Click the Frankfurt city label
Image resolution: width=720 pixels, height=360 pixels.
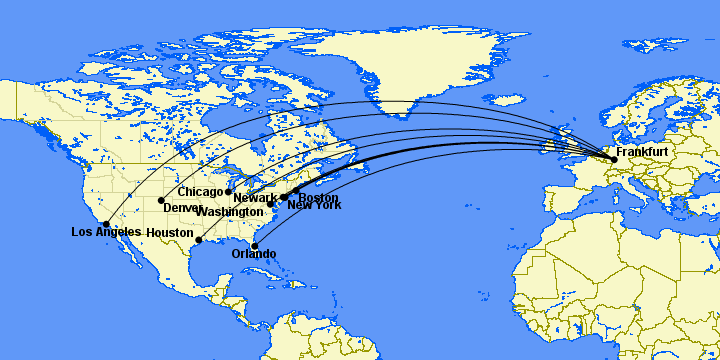pyautogui.click(x=642, y=152)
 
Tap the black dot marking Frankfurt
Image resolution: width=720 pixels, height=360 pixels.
pyautogui.click(x=613, y=159)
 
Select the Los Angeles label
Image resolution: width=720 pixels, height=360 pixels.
pyautogui.click(x=106, y=233)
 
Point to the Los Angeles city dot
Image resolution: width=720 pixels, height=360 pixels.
pyautogui.click(x=107, y=225)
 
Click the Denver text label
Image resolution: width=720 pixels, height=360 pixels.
pyautogui.click(x=182, y=208)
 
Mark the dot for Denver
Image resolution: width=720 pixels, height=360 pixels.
pyautogui.click(x=161, y=201)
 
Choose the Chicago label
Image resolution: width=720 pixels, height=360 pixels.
pyautogui.click(x=200, y=191)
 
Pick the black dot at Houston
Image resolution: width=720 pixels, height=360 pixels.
pyautogui.click(x=199, y=240)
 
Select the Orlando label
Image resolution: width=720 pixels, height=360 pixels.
pyautogui.click(x=253, y=254)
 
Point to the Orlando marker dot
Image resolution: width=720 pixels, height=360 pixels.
pyautogui.click(x=255, y=246)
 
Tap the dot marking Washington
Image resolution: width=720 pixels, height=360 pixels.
pyautogui.click(x=271, y=205)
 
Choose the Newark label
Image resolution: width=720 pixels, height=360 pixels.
pyautogui.click(x=257, y=198)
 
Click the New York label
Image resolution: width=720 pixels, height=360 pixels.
pyautogui.click(x=314, y=206)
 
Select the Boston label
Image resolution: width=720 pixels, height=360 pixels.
pyautogui.click(x=319, y=197)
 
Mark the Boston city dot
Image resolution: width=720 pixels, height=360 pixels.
pyautogui.click(x=296, y=190)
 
